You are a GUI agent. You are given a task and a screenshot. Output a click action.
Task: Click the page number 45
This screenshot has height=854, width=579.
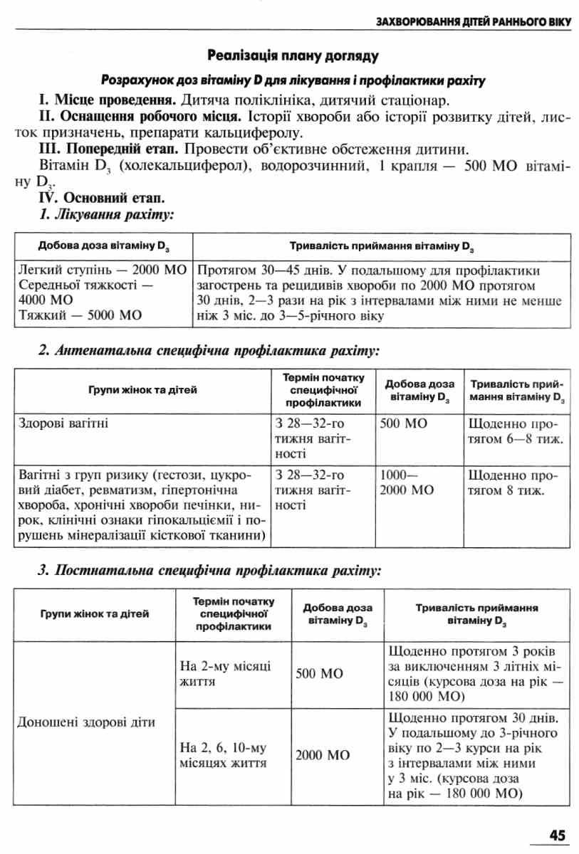click(x=557, y=835)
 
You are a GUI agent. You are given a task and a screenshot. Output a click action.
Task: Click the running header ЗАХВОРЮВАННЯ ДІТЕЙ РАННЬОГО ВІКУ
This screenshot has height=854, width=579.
click(x=474, y=21)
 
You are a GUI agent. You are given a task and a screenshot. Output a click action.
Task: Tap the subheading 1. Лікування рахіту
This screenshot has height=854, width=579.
click(x=107, y=213)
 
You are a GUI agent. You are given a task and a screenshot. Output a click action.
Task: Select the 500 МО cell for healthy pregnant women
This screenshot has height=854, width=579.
click(x=403, y=423)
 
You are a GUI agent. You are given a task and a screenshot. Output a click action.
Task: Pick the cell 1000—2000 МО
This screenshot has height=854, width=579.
click(x=407, y=482)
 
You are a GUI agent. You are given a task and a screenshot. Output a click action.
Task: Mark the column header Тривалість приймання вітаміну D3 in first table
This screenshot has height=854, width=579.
click(x=382, y=247)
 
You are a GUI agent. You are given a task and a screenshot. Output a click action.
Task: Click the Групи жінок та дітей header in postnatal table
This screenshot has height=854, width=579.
click(x=95, y=614)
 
